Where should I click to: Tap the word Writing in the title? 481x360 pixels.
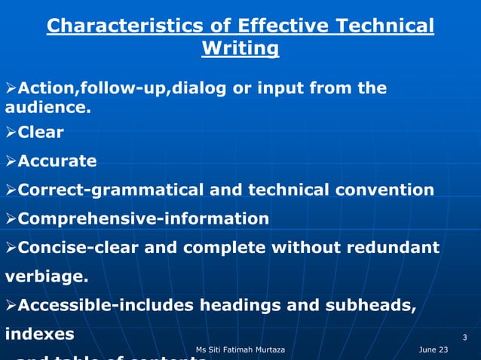[240, 50]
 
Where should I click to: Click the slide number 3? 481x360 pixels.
[465, 336]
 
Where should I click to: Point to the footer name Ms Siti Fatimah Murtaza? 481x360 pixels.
[240, 350]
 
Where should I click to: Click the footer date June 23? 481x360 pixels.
[434, 350]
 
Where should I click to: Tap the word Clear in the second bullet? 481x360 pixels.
[41, 133]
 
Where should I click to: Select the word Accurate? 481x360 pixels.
[57, 161]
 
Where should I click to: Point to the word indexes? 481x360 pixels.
[40, 334]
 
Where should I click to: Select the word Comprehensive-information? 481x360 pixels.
[143, 219]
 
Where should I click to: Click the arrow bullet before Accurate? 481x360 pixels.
[11, 161]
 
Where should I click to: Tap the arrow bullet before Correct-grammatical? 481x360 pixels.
[11, 190]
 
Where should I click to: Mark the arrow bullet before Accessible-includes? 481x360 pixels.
[11, 305]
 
